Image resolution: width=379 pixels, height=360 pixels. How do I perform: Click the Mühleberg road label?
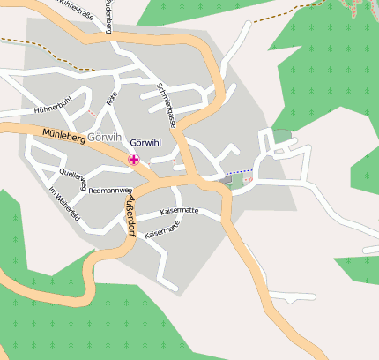[x=63, y=137]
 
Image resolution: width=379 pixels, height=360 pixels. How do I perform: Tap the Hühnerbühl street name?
[x=51, y=109]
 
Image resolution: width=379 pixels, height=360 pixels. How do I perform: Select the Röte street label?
[x=112, y=101]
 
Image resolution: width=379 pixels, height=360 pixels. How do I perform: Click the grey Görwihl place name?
[x=108, y=139]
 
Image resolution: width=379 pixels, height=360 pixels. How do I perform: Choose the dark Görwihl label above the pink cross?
[x=145, y=143]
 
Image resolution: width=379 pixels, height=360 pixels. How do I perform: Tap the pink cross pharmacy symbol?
[x=133, y=160]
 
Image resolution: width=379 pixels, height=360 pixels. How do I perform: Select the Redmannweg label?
[x=111, y=190]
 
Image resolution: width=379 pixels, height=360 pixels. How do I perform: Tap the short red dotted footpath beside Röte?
[x=92, y=114]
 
